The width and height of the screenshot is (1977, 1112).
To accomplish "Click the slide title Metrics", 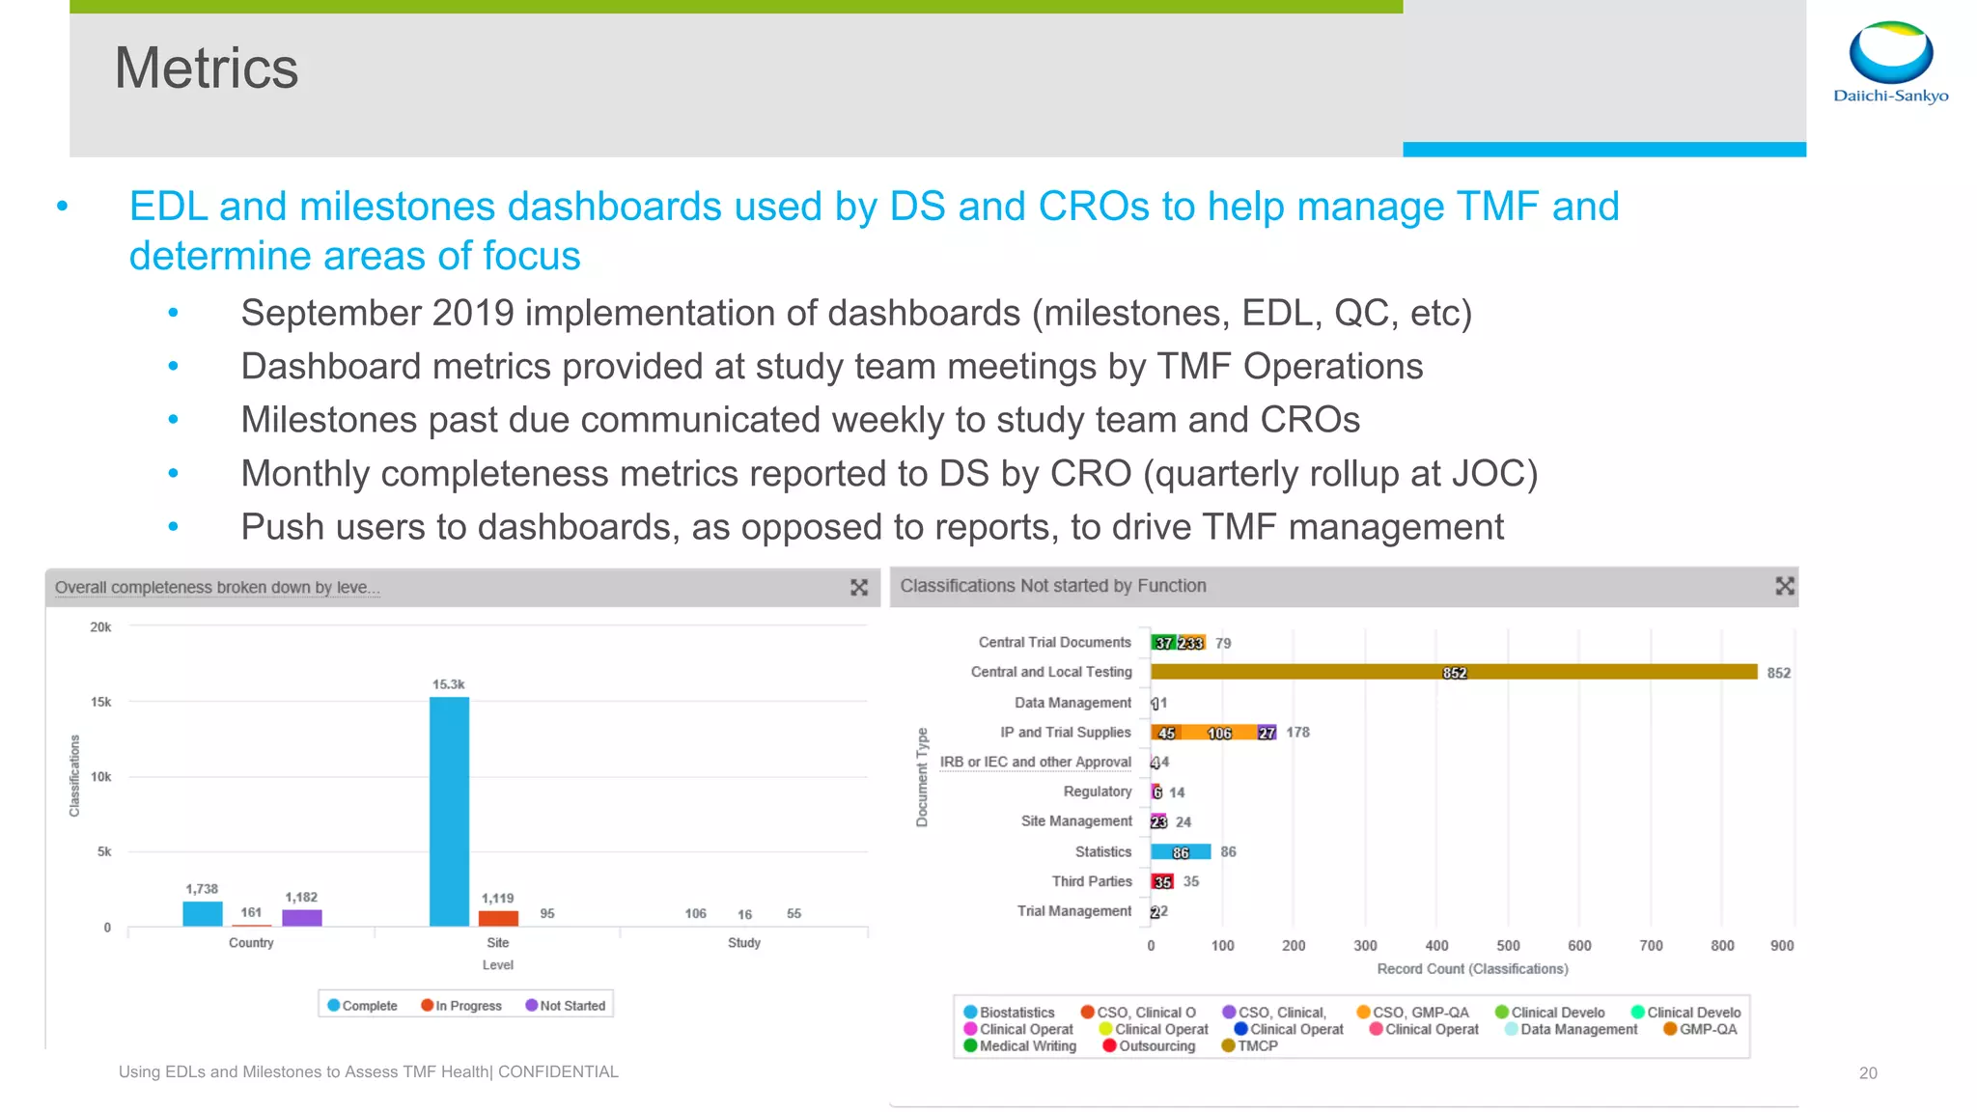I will [206, 69].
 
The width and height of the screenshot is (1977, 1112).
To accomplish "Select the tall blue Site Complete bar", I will [449, 811].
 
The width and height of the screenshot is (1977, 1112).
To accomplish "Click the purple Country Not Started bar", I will [301, 917].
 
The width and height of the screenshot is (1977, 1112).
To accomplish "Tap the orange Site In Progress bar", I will [498, 918].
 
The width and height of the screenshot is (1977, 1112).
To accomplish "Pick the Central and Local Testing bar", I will [1453, 672].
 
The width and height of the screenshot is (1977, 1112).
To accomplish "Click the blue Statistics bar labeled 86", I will [1180, 851].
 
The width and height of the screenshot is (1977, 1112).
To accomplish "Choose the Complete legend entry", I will [362, 1005].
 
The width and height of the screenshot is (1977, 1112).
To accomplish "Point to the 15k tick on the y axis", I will [100, 702].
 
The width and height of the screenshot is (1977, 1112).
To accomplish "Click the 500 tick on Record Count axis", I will [1508, 945].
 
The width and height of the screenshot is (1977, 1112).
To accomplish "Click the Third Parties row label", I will [1091, 881].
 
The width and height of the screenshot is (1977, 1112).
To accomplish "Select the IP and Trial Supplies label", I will [1065, 732].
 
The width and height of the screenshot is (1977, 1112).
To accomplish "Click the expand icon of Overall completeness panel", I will [859, 587].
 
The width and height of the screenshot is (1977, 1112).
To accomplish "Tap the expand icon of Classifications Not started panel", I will [1784, 586].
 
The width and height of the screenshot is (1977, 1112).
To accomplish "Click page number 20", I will [1868, 1072].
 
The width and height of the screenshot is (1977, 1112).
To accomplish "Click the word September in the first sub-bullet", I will [330, 314].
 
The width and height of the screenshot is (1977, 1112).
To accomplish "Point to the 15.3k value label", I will [448, 683].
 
